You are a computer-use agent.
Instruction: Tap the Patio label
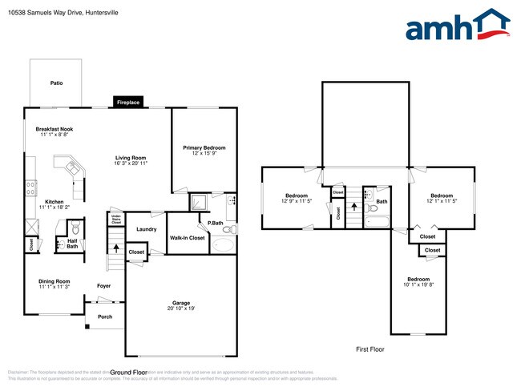point(56,83)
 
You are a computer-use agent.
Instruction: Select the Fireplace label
point(127,103)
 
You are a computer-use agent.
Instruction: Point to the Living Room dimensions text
point(131,163)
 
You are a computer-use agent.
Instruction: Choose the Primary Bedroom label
point(204,147)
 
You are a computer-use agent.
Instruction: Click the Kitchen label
point(54,202)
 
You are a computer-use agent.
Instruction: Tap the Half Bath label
point(72,244)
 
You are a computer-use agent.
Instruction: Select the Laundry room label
point(146,229)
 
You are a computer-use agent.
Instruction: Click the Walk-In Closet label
point(187,238)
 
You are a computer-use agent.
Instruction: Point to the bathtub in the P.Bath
point(223,244)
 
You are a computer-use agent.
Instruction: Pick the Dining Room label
point(55,281)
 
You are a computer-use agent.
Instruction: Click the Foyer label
point(104,286)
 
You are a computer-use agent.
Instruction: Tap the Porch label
point(105,316)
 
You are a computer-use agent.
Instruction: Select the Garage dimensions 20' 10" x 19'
point(181,308)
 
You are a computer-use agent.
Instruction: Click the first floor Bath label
point(382,202)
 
